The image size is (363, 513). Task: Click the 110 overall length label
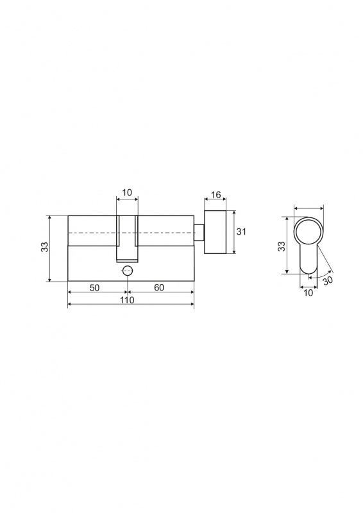point(127,299)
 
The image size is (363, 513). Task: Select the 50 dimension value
point(94,287)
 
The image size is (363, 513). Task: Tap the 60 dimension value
point(159,287)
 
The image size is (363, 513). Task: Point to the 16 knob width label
point(215,195)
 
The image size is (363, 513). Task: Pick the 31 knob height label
point(241,231)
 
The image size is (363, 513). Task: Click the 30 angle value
point(328,281)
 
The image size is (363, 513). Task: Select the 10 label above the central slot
point(127,192)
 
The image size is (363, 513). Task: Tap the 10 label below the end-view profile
point(308,293)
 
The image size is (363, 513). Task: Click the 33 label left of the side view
point(45,247)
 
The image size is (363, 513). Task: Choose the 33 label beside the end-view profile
point(282,246)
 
